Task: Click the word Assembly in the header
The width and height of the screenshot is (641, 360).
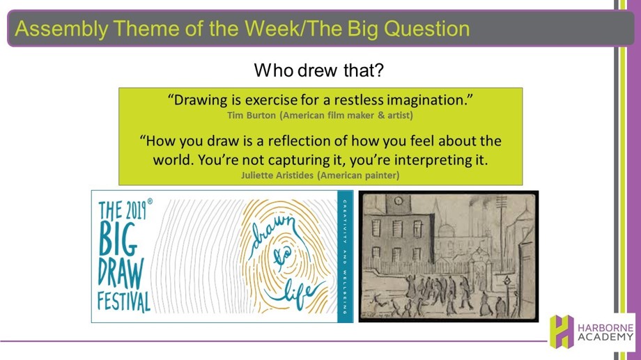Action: tap(61, 29)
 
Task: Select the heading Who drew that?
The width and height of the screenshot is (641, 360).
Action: tap(319, 70)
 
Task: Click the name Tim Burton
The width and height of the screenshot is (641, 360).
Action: tap(252, 115)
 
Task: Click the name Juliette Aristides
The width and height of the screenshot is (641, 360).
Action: tap(277, 175)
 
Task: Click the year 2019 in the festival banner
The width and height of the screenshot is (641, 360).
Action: tap(135, 210)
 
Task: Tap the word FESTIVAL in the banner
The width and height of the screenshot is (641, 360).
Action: tap(124, 302)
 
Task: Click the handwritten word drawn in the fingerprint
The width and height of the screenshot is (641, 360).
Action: tap(272, 233)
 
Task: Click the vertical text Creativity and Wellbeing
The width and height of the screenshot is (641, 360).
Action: tap(345, 256)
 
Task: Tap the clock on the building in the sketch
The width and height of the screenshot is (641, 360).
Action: tap(398, 201)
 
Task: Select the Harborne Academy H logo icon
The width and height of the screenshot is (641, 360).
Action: tap(562, 331)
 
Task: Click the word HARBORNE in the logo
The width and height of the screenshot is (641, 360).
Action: tap(605, 328)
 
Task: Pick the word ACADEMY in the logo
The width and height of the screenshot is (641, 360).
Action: tap(605, 338)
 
